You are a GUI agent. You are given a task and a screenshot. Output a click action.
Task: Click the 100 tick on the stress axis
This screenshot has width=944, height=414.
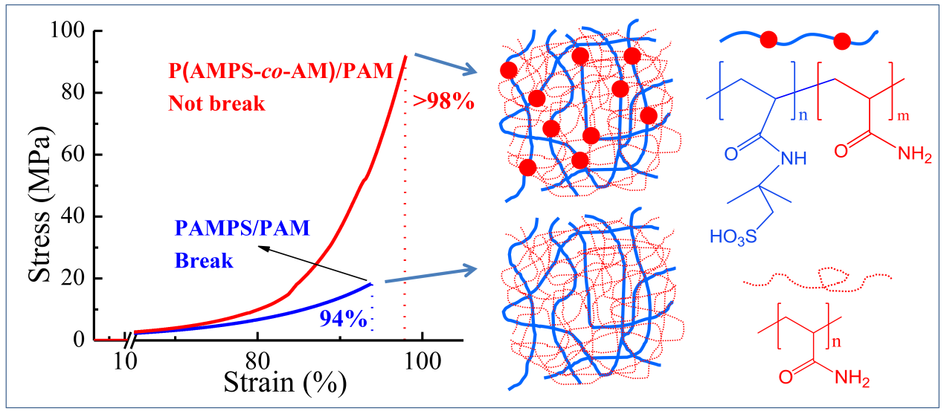(x=70, y=31)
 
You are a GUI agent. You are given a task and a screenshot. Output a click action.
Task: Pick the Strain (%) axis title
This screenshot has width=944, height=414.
(x=285, y=382)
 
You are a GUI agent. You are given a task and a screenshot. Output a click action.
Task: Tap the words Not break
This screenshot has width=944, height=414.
(x=216, y=103)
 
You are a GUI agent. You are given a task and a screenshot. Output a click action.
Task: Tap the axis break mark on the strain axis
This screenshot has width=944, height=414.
(x=130, y=341)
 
